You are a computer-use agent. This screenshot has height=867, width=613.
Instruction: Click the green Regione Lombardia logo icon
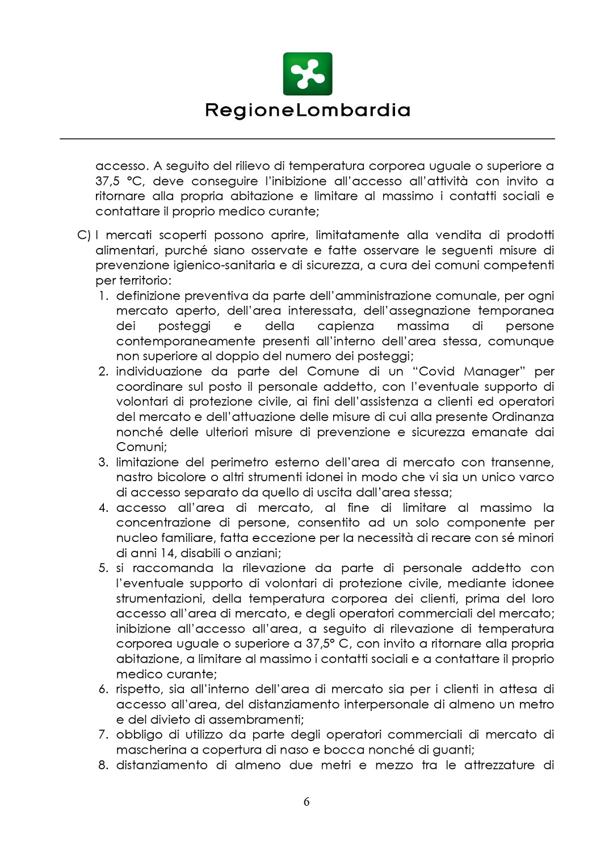pyautogui.click(x=307, y=74)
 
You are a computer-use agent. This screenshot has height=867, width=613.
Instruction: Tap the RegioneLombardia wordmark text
pyautogui.click(x=307, y=110)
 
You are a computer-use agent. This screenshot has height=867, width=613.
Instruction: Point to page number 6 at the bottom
pyautogui.click(x=306, y=802)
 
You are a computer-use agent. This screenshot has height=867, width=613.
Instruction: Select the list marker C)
pyautogui.click(x=83, y=235)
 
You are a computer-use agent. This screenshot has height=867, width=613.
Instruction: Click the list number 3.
pyautogui.click(x=103, y=462)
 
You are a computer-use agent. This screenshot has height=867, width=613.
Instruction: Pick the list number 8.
pyautogui.click(x=103, y=765)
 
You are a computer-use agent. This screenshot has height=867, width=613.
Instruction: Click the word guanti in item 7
pyautogui.click(x=454, y=750)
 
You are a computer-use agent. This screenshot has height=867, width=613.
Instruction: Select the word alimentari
pyautogui.click(x=127, y=251)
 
